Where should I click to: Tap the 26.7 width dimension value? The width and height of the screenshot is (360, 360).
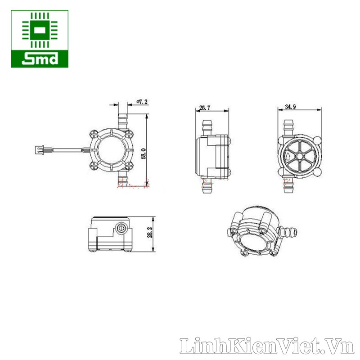(x=205, y=108)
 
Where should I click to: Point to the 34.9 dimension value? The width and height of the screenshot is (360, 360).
(x=291, y=107)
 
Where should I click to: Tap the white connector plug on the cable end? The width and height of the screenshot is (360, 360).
(x=40, y=149)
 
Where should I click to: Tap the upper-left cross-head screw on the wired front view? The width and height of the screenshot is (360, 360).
(x=94, y=133)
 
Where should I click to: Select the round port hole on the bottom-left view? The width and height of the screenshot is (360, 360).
(x=120, y=229)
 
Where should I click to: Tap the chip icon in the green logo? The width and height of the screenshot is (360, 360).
(x=40, y=31)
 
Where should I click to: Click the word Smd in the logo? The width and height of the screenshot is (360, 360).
(x=40, y=58)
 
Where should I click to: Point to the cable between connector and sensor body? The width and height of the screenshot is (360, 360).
(x=67, y=149)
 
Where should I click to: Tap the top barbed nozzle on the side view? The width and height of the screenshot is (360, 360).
(x=207, y=126)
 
